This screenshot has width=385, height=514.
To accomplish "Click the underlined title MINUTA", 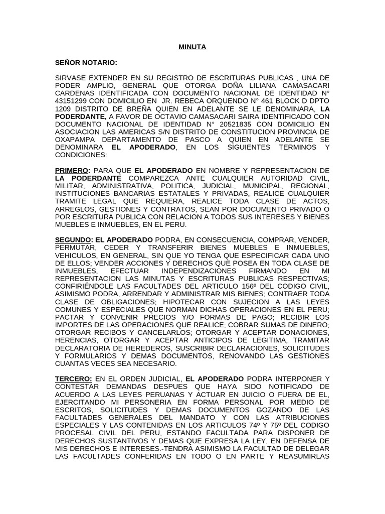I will pyautogui.click(x=192, y=47).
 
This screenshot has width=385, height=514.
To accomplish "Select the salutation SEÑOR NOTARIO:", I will pyautogui.click(x=86, y=63).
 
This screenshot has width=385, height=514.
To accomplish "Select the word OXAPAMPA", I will pyautogui.click(x=75, y=140).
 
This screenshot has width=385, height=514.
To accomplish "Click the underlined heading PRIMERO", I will pyautogui.click(x=71, y=170).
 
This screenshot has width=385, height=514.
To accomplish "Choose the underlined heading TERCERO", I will pyautogui.click(x=73, y=378).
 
